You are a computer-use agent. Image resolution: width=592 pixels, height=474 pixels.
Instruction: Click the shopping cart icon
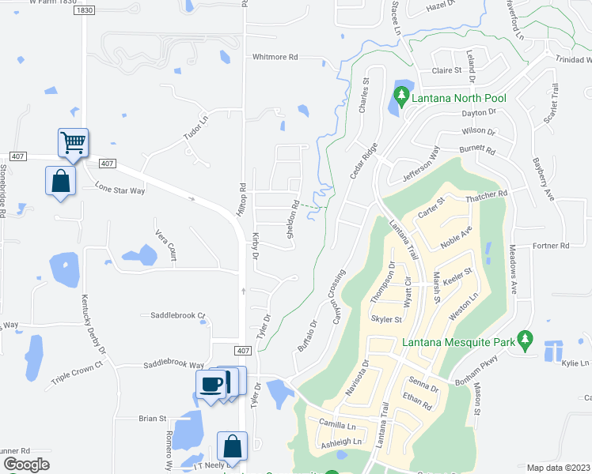point(72,143)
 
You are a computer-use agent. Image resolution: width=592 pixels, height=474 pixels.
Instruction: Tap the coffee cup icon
point(211,384)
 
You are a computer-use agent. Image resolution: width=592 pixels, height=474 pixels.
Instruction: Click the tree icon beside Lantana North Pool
point(400,98)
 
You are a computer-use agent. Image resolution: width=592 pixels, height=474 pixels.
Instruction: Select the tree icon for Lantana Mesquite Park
point(523,340)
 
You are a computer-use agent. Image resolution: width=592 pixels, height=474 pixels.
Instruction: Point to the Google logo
point(26,465)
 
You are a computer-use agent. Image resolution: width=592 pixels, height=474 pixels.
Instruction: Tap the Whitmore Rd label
point(275,57)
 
